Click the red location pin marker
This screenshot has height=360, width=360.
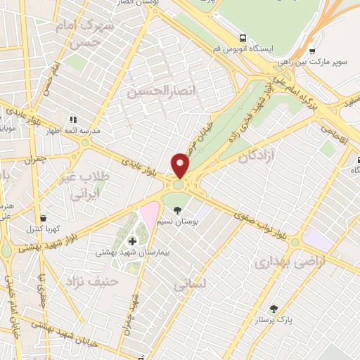coord(181,165)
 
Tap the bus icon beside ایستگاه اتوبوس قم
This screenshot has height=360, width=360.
coord(243,38)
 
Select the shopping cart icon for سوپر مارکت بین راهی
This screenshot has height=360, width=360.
coord(312,50)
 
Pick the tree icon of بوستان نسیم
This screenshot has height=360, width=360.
coord(177,210)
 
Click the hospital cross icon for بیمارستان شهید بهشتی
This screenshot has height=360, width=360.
coord(133,241)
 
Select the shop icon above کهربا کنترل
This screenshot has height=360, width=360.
coord(44,218)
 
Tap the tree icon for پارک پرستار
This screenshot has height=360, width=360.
coord(273,308)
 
